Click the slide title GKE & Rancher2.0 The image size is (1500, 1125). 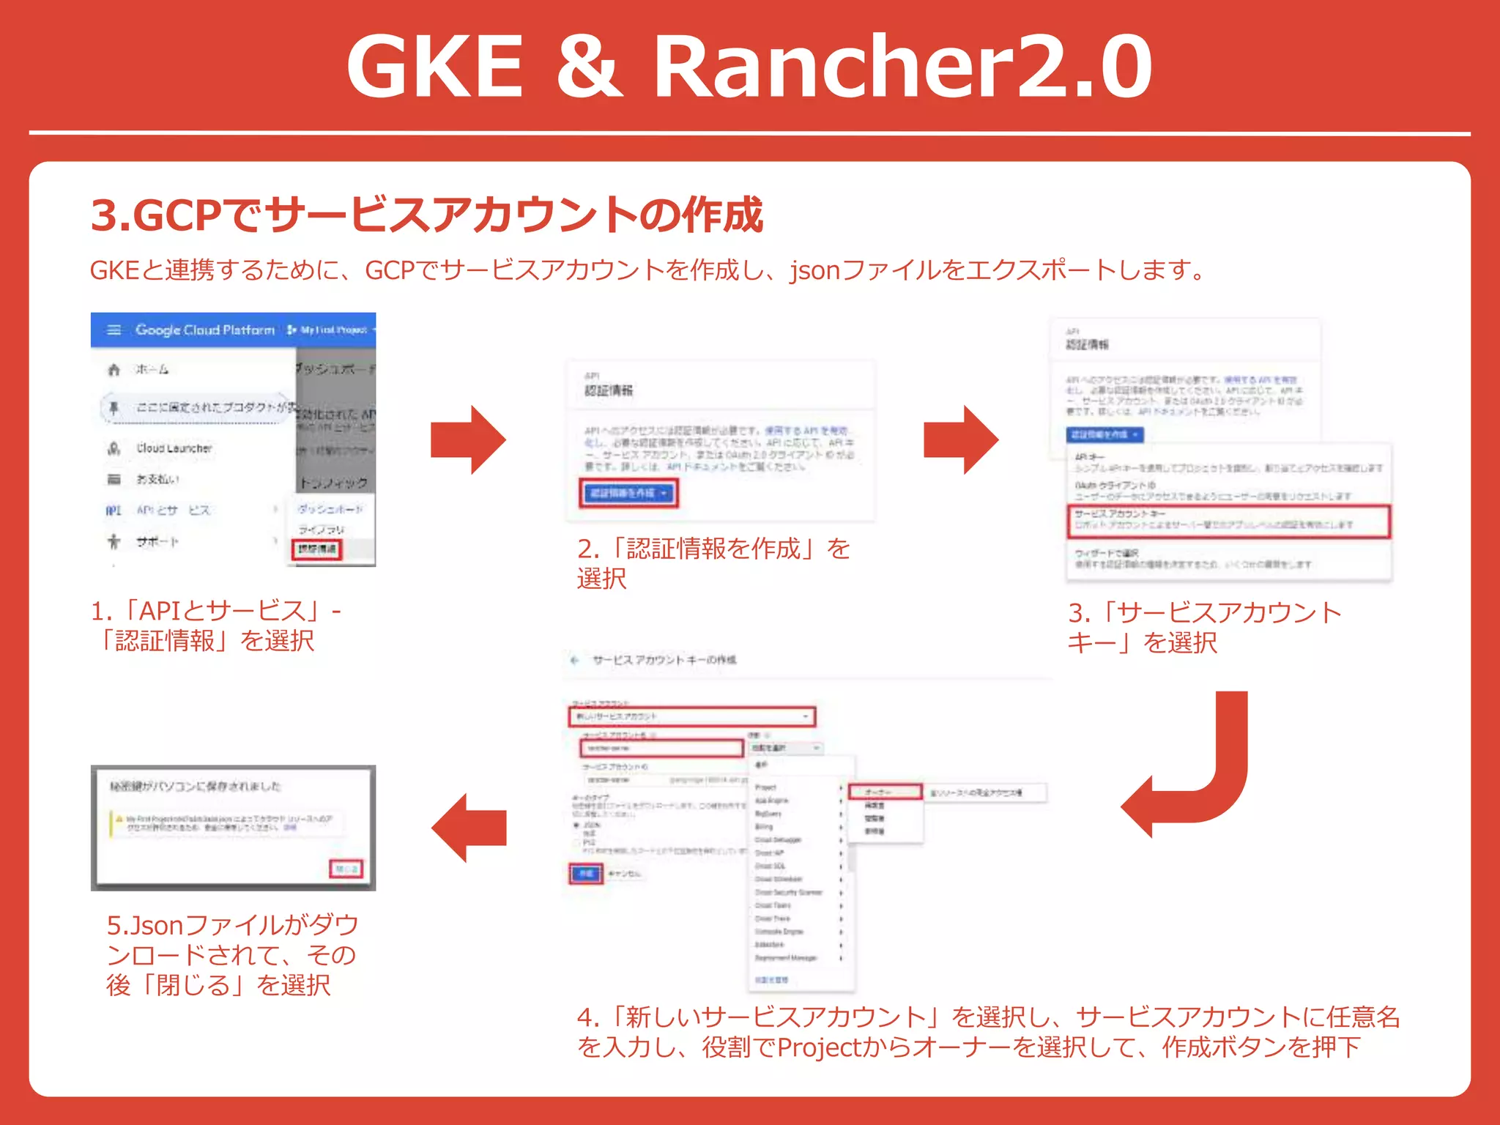tap(749, 67)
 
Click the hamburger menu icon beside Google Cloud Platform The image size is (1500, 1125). tap(114, 330)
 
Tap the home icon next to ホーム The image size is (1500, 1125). tap(114, 370)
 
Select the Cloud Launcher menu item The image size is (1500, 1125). tap(174, 448)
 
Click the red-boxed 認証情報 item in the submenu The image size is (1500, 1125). tap(317, 549)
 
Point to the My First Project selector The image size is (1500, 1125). tap(332, 330)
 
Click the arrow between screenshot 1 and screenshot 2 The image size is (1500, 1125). tap(469, 439)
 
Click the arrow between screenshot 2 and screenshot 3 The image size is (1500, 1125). tap(961, 439)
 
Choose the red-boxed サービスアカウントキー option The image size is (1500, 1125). tap(1228, 521)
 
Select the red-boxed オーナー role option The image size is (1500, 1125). tap(885, 792)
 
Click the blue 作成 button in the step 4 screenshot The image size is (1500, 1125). tap(586, 874)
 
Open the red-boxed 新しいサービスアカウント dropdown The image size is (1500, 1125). tap(692, 716)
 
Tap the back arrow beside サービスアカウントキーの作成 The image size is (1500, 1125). tap(575, 660)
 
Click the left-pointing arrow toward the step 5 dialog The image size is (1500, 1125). tap(469, 828)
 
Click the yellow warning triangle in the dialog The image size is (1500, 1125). tap(119, 819)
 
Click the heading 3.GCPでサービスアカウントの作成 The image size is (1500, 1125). tap(427, 215)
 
